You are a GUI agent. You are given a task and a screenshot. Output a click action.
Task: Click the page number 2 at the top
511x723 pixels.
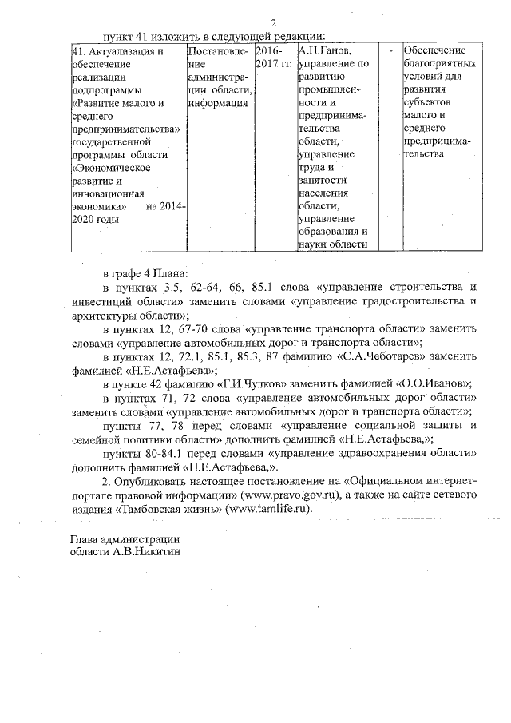[x=272, y=22]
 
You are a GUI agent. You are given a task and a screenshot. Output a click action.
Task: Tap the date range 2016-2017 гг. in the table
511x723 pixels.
[x=273, y=57]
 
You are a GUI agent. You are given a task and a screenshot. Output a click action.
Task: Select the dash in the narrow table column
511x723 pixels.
[x=390, y=51]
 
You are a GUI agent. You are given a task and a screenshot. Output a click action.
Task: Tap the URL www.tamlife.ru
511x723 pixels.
[x=270, y=508]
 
